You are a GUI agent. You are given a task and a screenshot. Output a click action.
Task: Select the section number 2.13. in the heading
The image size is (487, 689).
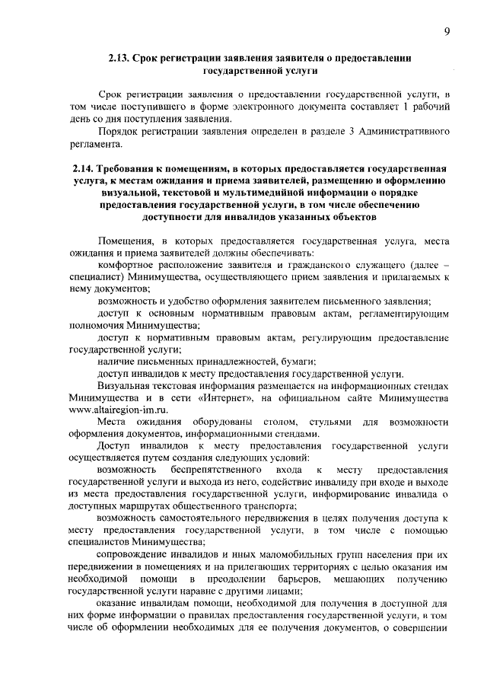point(123,57)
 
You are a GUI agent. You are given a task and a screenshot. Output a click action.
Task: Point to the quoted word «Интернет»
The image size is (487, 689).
point(229,397)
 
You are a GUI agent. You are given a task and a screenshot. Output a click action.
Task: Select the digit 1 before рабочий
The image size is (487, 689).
point(407,106)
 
